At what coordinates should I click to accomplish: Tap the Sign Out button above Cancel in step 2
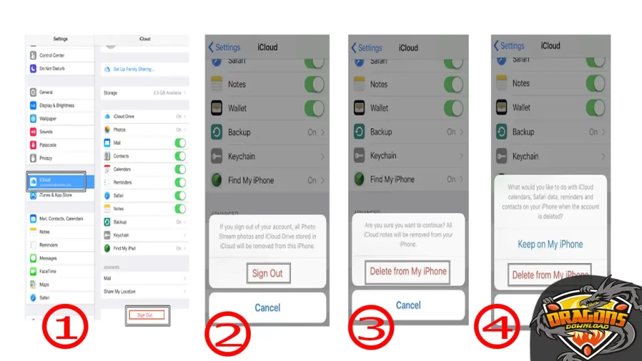pyautogui.click(x=268, y=273)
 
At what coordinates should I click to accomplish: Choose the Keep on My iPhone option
pyautogui.click(x=550, y=244)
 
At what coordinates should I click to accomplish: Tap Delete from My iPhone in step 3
pyautogui.click(x=408, y=271)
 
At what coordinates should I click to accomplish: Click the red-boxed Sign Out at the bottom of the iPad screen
pyautogui.click(x=145, y=315)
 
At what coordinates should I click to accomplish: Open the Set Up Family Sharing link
pyautogui.click(x=133, y=69)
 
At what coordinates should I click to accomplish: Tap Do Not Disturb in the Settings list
pyautogui.click(x=52, y=68)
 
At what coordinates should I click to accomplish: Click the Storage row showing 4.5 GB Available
pyautogui.click(x=144, y=93)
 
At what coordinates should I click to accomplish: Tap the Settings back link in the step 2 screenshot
pyautogui.click(x=224, y=47)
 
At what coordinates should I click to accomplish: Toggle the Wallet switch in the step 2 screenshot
pyautogui.click(x=314, y=108)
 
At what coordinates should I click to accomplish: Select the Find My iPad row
pyautogui.click(x=144, y=248)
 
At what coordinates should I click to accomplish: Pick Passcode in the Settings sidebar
pyautogui.click(x=48, y=145)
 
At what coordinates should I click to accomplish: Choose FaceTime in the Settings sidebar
pyautogui.click(x=48, y=271)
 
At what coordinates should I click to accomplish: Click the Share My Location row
pyautogui.click(x=144, y=291)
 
